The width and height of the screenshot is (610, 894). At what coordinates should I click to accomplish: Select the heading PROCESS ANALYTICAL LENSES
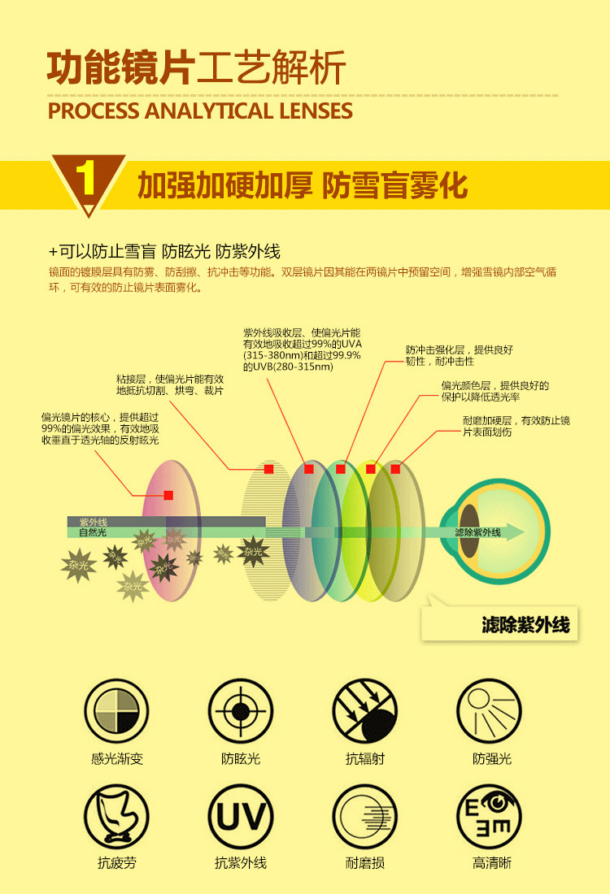200,111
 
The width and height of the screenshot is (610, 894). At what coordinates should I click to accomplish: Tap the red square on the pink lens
168,495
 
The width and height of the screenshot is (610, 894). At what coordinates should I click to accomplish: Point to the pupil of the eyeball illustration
469,531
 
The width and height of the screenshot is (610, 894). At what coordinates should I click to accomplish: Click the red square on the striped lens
268,469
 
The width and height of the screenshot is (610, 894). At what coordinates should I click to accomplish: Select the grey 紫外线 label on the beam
93,522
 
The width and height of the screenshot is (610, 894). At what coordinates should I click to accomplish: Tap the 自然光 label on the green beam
93,533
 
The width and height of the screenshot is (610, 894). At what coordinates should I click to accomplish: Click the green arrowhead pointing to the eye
514,533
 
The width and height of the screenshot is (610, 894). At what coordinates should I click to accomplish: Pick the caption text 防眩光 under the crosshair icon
240,759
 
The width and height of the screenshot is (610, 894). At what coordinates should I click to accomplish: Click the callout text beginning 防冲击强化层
460,355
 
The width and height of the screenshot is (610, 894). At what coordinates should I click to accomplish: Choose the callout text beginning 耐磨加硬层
516,426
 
